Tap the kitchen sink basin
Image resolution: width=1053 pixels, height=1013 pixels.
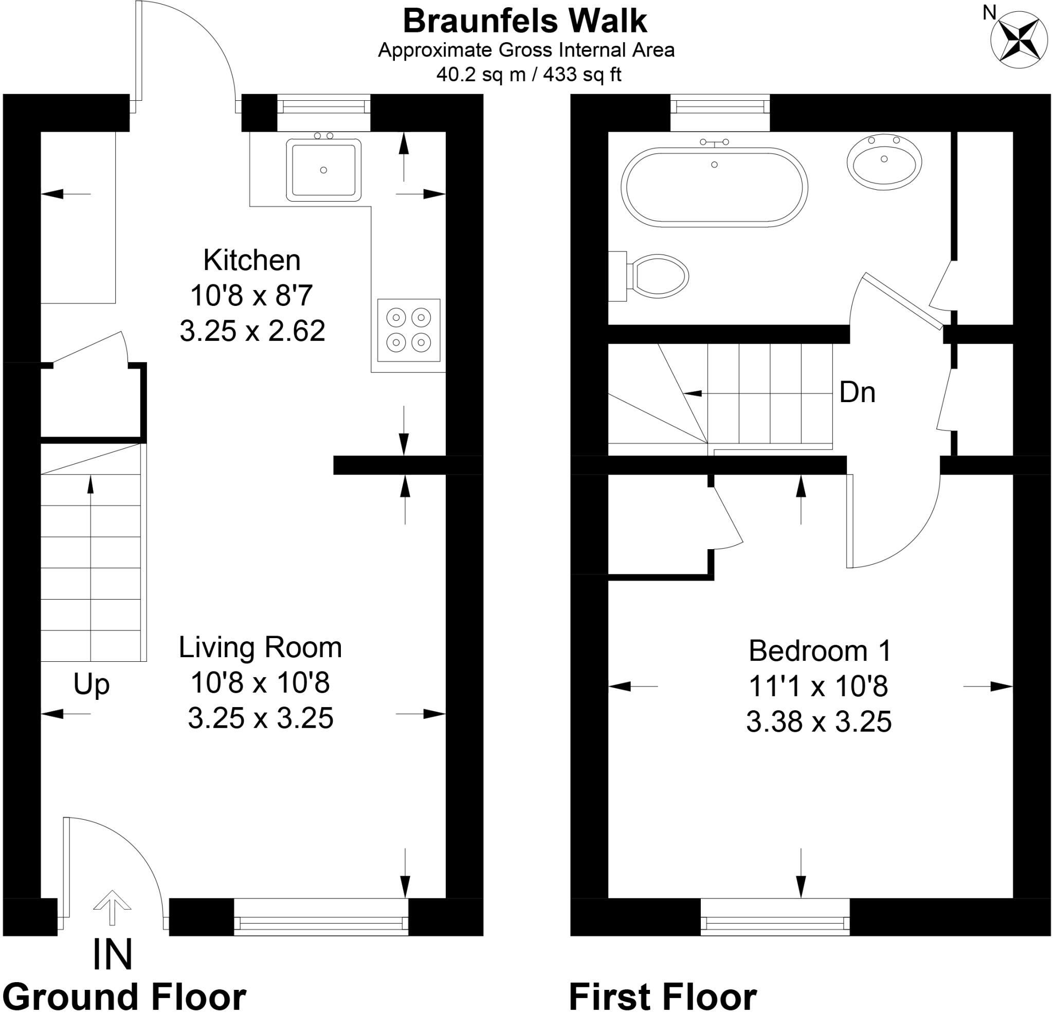(x=323, y=170)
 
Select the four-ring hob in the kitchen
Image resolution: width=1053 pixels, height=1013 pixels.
(x=408, y=330)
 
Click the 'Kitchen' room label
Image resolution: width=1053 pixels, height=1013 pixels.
(x=252, y=260)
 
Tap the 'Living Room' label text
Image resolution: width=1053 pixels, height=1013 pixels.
(x=260, y=647)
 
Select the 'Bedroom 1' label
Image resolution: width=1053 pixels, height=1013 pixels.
(x=820, y=651)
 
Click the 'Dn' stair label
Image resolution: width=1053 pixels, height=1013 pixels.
(x=858, y=392)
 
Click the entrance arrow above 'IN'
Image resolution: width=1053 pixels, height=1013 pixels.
(x=112, y=908)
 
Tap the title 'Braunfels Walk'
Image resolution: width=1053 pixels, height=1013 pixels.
(x=525, y=22)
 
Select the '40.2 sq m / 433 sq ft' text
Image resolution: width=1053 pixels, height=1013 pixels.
(x=529, y=74)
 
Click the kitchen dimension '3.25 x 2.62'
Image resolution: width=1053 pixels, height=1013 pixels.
(x=252, y=331)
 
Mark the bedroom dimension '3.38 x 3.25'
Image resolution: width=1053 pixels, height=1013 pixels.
(x=819, y=722)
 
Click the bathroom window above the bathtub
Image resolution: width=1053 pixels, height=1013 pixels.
(x=720, y=113)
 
